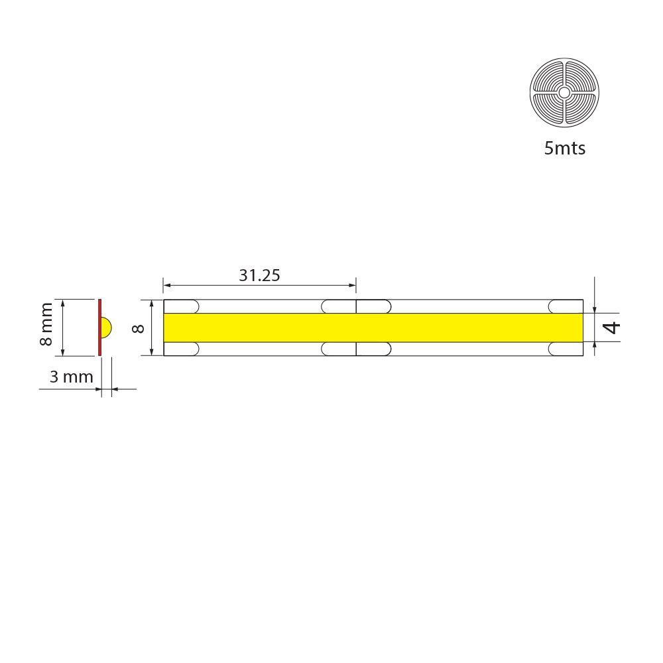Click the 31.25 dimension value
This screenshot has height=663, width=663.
[259, 275]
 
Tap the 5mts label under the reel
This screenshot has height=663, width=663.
[564, 149]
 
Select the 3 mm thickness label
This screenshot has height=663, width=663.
[72, 377]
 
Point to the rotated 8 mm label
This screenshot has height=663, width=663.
[46, 324]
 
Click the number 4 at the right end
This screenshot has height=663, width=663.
[612, 328]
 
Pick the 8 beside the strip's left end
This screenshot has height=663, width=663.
[139, 328]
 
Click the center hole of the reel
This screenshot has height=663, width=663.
[564, 92]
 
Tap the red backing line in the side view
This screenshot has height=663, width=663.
[100, 328]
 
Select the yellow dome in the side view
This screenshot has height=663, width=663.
[106, 328]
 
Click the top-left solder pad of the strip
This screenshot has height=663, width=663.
[182, 306]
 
